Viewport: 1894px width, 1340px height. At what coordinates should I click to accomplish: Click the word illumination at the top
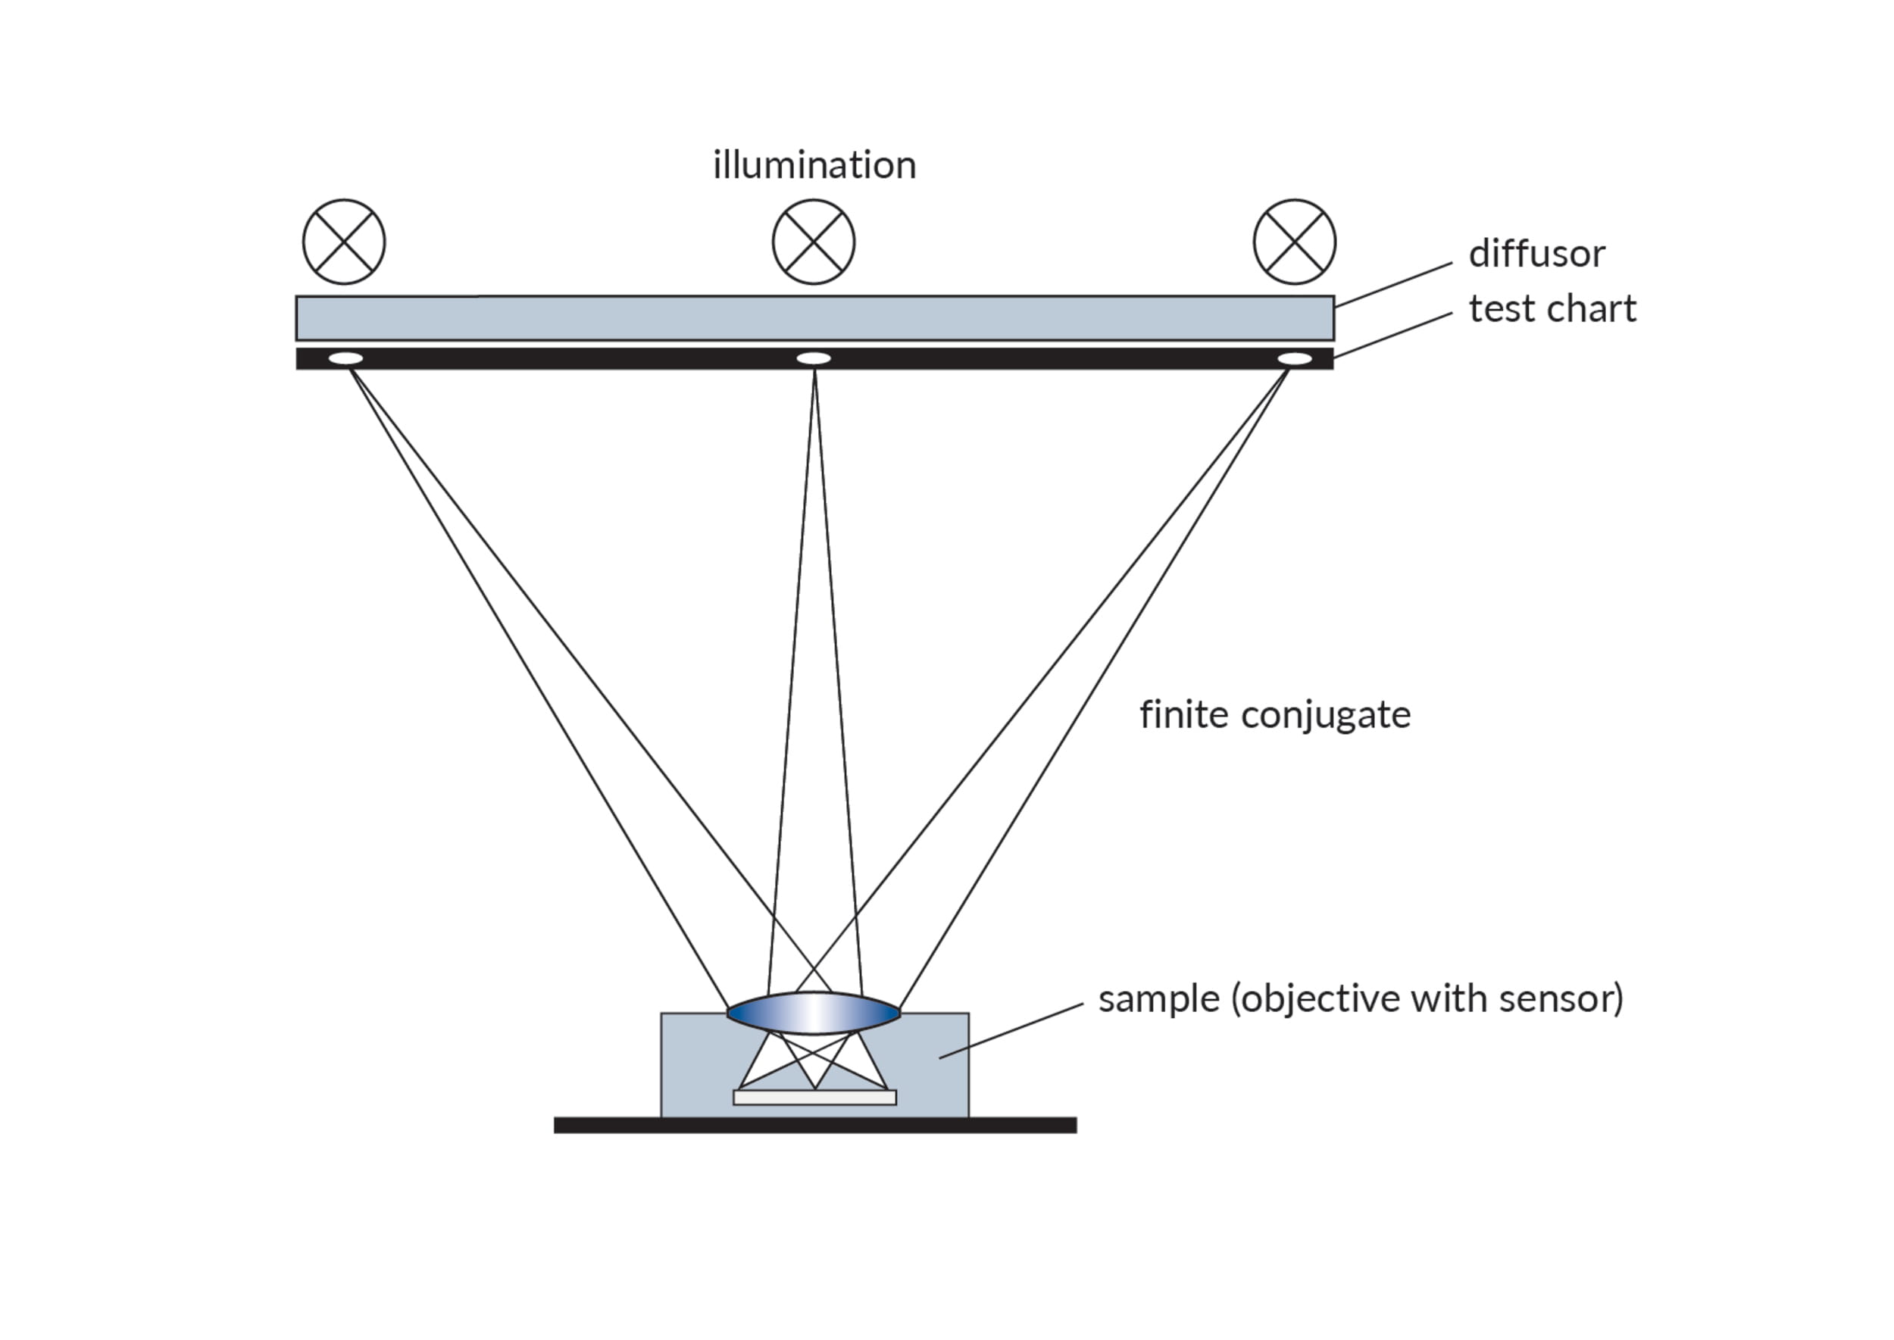pos(814,165)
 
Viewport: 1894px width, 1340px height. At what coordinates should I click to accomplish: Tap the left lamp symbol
pos(344,242)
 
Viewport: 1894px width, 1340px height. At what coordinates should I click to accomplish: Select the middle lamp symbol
pos(814,242)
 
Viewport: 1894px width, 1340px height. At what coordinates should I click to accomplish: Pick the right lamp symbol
pos(1294,242)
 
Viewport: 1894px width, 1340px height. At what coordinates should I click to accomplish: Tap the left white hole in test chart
pos(345,358)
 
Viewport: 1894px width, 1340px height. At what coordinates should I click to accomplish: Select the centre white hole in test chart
pos(814,358)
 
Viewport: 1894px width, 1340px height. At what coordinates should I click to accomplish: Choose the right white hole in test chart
pos(1294,358)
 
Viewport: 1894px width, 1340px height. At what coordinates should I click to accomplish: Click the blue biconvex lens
pos(814,1014)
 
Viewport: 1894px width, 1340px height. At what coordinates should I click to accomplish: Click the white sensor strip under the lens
pos(814,1098)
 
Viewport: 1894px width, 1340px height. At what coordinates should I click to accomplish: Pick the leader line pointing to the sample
pos(1011,1031)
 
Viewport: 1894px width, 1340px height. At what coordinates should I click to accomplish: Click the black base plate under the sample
pos(814,1126)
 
